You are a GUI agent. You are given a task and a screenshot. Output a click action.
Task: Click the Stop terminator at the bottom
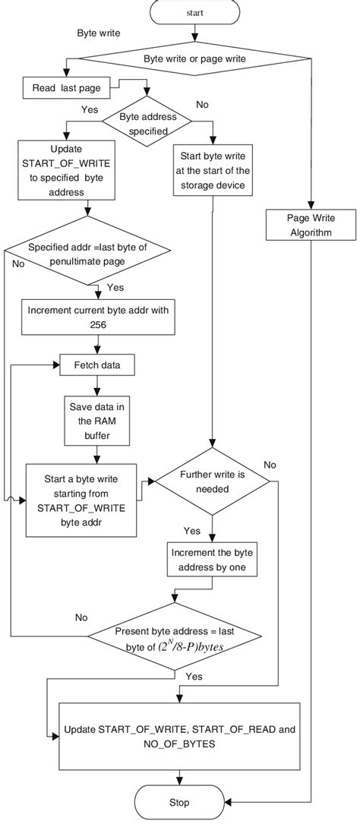click(180, 802)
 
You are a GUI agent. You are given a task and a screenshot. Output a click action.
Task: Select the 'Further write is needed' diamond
click(212, 481)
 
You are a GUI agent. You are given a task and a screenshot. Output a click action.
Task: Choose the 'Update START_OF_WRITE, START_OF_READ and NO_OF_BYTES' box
click(179, 736)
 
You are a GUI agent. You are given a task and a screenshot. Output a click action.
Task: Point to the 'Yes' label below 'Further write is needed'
click(191, 529)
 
